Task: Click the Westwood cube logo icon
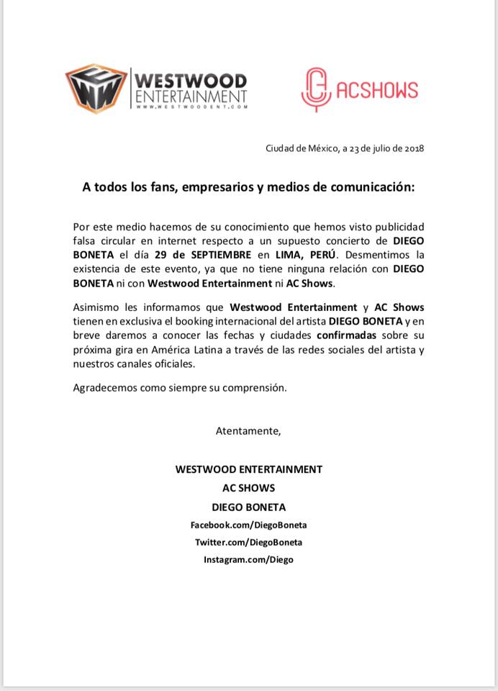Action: (x=95, y=89)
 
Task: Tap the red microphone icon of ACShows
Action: (x=315, y=89)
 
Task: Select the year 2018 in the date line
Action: (x=415, y=149)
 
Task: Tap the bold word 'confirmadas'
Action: (x=346, y=336)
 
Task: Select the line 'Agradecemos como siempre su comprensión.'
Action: (x=180, y=387)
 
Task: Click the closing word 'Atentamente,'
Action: (x=248, y=431)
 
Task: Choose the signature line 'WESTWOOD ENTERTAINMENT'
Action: (x=249, y=469)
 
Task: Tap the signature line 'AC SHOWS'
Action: (x=249, y=488)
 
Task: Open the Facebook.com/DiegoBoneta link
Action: (x=248, y=525)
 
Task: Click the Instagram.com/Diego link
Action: (x=248, y=559)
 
